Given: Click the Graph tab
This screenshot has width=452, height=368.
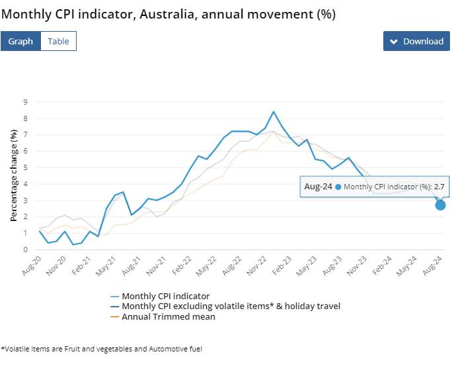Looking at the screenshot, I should point(20,41).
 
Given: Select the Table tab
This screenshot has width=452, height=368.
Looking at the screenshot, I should point(58,41).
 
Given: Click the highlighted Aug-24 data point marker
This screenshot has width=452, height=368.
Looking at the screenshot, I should point(440,205).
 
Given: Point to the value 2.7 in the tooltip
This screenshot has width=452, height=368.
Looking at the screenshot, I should point(438,187).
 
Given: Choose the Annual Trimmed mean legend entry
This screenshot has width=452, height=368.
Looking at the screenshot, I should point(169,316).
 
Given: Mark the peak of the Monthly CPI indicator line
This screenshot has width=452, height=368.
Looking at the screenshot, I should point(274,111).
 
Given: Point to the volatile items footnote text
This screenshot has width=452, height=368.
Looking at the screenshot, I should point(102,348).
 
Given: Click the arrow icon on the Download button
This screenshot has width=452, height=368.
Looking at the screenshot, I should point(394,42).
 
